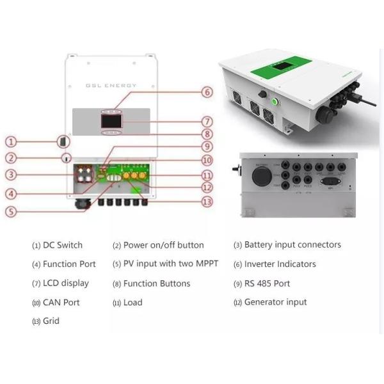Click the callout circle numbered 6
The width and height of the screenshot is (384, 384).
(206, 92)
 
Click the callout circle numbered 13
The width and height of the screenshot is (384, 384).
(206, 202)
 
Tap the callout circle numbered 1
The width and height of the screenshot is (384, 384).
(10, 141)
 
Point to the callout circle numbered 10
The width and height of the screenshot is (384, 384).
(206, 161)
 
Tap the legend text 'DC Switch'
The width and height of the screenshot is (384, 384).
(63, 245)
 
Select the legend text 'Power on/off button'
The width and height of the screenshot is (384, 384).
(163, 245)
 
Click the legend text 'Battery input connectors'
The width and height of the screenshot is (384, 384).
(292, 245)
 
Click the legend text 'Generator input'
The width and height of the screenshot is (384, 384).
(275, 302)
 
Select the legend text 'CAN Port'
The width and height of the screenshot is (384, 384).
(61, 302)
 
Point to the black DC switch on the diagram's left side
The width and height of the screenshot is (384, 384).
(63, 141)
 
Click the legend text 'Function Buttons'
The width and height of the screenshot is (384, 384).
(157, 284)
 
